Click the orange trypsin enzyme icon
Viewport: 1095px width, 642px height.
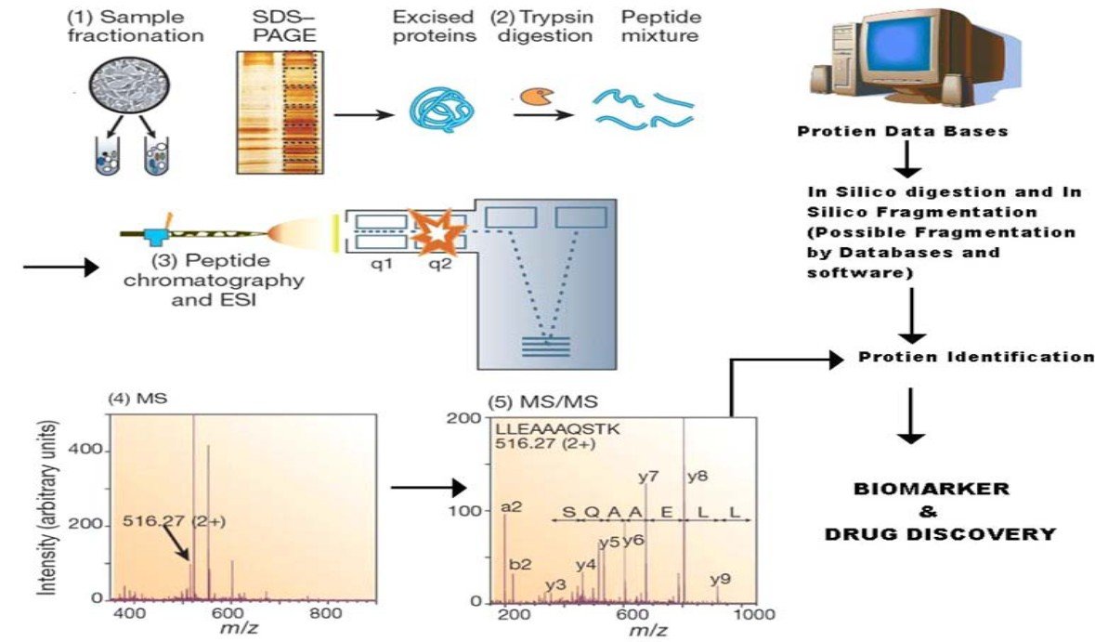(530, 95)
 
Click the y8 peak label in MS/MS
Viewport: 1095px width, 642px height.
(697, 477)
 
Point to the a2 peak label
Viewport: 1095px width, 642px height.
(511, 506)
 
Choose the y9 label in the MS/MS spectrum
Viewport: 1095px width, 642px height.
(721, 580)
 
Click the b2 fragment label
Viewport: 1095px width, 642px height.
(520, 564)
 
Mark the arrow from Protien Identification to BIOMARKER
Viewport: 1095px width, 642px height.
(913, 415)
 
